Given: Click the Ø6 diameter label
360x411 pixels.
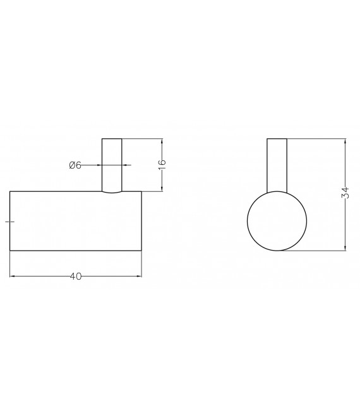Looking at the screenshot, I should [75, 165].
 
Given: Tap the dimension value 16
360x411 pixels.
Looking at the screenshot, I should [162, 164].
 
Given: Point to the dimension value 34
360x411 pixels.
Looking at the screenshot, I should [345, 193].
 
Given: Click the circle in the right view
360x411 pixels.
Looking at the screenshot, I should [276, 220].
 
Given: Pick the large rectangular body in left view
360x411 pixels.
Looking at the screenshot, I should [75, 220].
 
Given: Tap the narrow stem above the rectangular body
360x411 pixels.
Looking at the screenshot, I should [112, 164].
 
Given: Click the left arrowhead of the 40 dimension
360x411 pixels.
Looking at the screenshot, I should [12, 276].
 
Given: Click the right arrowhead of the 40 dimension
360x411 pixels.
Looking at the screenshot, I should [139, 276].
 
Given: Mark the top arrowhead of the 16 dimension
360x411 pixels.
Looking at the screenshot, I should [162, 140].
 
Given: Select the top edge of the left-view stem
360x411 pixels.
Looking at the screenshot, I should [112, 138].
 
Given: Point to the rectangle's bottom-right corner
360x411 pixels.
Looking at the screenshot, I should [141, 251].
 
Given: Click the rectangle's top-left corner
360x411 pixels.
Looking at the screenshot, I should [9, 191].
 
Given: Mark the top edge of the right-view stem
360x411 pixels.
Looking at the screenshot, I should [277, 138].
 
